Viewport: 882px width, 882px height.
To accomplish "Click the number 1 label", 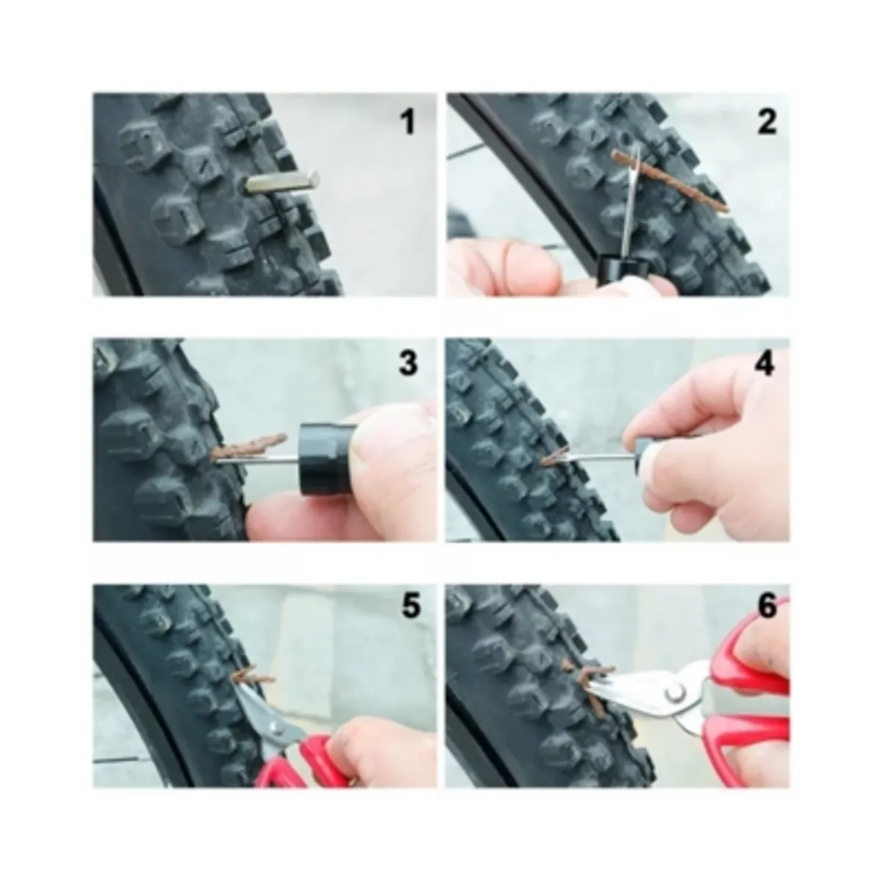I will coord(407,121).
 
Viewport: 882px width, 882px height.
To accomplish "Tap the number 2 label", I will coord(767,121).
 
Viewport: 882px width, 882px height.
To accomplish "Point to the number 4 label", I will coord(765,363).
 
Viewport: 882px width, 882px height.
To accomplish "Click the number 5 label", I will coord(409,607).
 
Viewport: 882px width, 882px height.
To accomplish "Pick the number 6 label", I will coord(766,607).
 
